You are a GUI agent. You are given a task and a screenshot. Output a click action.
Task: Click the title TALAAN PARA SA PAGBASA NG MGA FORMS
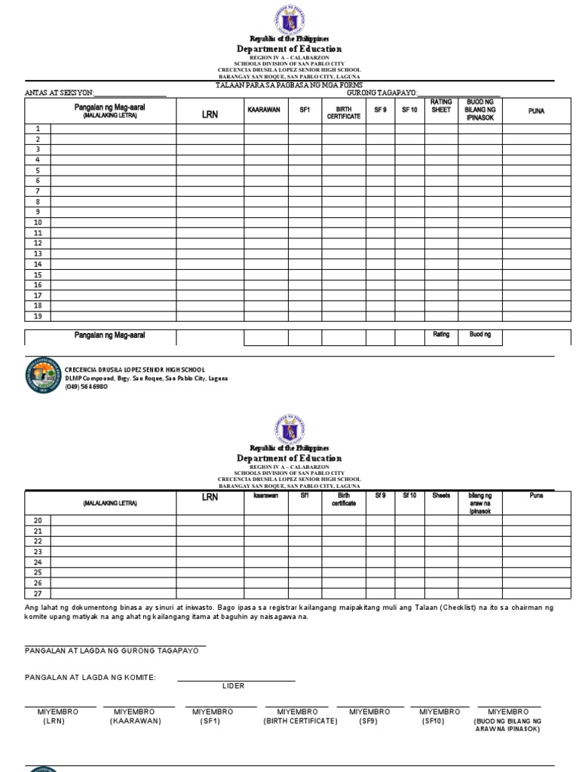point(289,85)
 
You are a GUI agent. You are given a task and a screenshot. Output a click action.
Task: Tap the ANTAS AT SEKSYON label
point(60,93)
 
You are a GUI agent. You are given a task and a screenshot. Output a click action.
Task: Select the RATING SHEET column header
point(441,106)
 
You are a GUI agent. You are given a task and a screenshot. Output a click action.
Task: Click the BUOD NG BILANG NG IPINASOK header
point(480,110)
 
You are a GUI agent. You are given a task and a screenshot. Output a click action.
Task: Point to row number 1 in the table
point(38,129)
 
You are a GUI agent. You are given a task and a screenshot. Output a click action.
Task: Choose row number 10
point(38,222)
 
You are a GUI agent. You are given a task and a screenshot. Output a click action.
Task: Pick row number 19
point(38,316)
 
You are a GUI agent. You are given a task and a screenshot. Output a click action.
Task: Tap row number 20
point(38,520)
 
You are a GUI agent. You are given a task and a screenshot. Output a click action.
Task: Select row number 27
point(38,593)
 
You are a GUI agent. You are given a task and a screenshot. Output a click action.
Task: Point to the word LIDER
point(234,686)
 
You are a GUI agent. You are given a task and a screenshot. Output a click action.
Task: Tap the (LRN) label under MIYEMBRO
point(54,721)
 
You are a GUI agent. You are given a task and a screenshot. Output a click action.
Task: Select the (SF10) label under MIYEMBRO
point(433,721)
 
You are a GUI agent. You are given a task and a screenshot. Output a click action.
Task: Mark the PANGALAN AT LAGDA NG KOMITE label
point(90,678)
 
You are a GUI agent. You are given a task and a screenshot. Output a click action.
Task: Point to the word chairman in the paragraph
point(522,607)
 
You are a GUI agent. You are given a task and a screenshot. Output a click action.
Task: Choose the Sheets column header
point(441,496)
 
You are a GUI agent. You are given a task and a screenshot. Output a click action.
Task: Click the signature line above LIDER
point(236,681)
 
